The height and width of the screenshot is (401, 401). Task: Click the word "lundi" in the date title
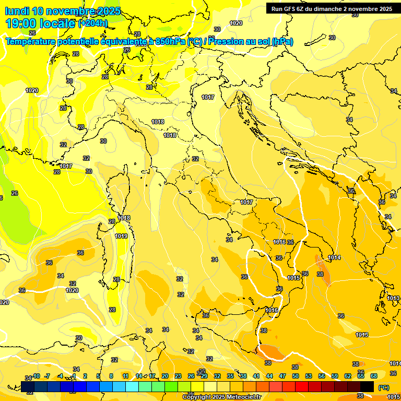coord(17,11)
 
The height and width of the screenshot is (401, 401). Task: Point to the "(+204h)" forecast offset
coord(93,23)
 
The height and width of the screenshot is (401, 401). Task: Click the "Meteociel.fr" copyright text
coord(241,397)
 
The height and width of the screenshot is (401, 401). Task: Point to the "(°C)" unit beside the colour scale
coord(383,387)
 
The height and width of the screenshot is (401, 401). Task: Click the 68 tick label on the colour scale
coord(374,376)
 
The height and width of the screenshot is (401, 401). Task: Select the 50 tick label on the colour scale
coord(296,376)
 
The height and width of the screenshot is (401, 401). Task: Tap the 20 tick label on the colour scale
coord(165,376)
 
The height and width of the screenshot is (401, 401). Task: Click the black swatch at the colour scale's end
coord(368,386)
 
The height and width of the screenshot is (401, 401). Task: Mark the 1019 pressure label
coord(121,237)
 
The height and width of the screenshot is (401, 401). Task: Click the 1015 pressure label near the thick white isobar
coord(294,278)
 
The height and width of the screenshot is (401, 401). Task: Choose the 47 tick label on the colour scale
coord(282,376)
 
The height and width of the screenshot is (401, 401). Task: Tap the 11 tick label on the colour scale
coord(125,376)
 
